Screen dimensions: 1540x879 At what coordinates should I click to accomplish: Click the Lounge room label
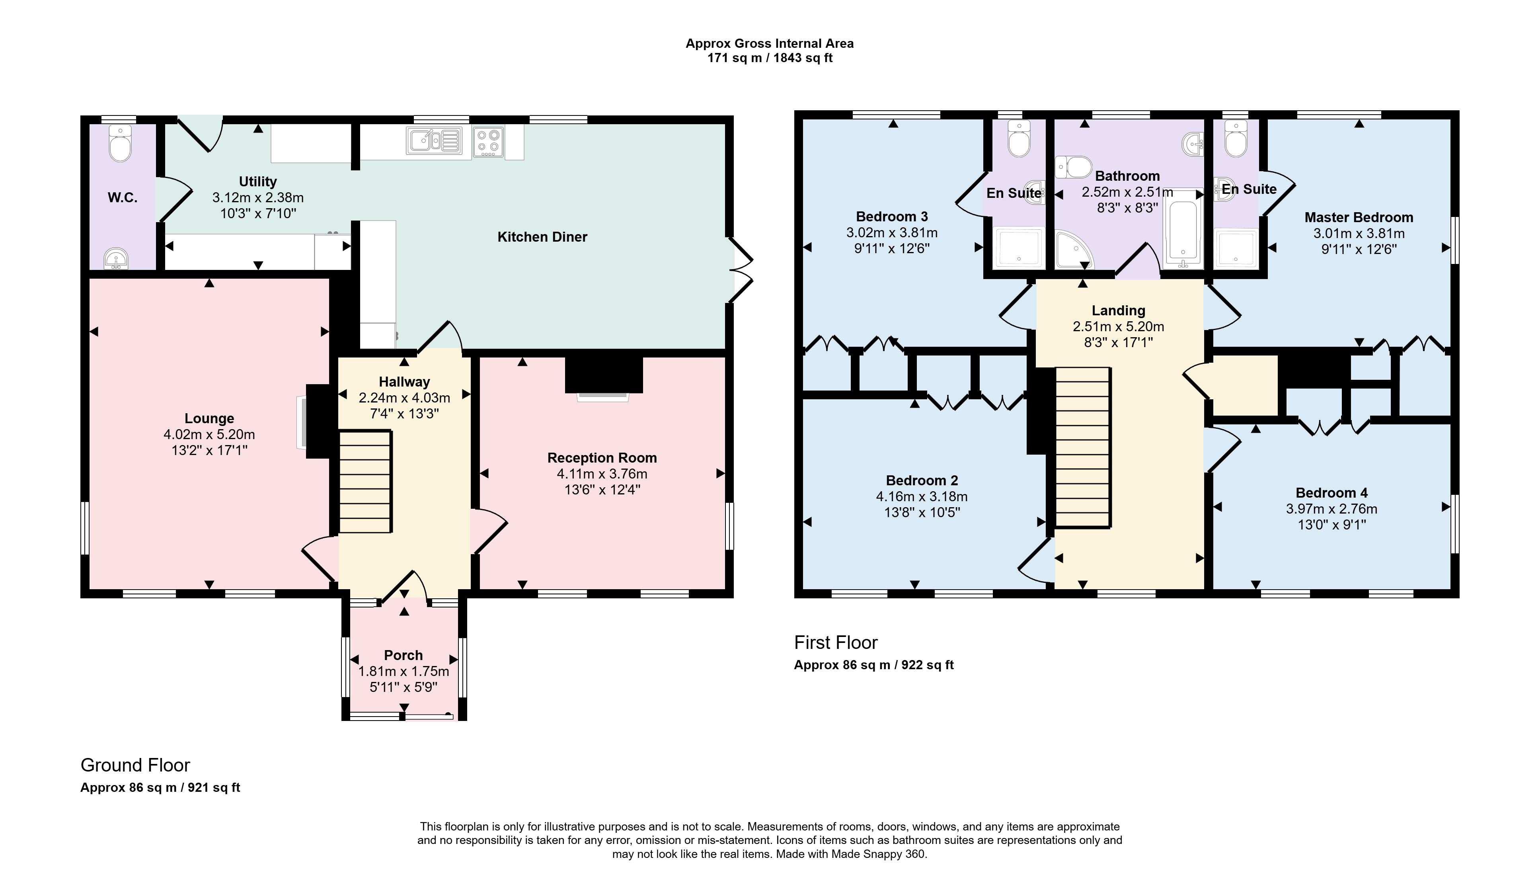(209, 418)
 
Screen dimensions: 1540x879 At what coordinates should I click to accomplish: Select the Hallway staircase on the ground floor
(365, 481)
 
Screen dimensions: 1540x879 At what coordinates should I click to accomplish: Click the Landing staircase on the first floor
(1083, 447)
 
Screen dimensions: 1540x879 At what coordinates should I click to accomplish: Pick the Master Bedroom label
(1359, 217)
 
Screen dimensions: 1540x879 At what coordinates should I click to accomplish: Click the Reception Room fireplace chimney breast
(603, 374)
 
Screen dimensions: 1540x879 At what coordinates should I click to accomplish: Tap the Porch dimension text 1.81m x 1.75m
(404, 671)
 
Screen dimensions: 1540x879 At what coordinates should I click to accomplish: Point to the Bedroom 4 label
(1331, 492)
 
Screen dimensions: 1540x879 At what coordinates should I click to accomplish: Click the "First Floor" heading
(836, 643)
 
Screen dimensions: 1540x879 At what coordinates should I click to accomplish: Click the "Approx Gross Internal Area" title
(769, 43)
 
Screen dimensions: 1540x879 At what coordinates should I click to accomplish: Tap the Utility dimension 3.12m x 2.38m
(258, 197)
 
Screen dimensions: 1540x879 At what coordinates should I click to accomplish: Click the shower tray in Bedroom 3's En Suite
(1019, 248)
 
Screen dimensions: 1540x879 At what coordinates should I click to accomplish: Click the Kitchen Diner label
(542, 237)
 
